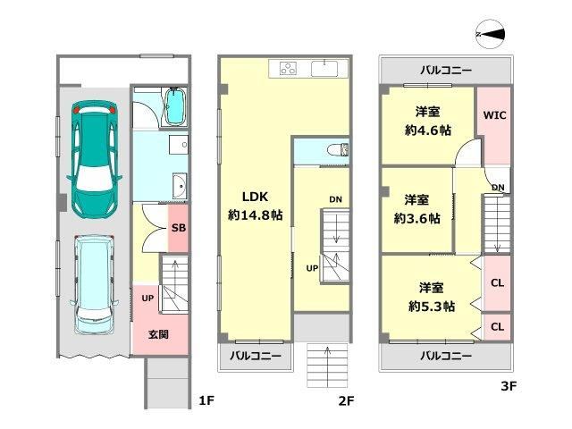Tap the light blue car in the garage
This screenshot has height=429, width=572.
94,285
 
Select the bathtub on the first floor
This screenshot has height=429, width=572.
175,106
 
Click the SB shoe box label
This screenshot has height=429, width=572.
179,228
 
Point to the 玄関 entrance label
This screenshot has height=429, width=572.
158,334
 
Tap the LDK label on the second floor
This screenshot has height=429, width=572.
255,197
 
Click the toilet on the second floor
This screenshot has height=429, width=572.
338,150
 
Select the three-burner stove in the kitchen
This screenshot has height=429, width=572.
288,68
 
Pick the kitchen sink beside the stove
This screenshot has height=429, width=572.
324,68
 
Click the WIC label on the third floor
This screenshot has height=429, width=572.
494,115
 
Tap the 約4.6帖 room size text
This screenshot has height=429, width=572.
428,130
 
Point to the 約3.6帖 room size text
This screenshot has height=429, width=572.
417,218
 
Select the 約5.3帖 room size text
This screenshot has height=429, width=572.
432,307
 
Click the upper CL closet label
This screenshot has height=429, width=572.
498,282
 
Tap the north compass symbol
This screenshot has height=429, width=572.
491,34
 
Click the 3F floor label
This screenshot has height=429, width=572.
509,385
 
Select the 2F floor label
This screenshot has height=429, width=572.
346,400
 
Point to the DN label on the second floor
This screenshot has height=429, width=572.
336,199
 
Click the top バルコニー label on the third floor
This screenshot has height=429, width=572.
446,70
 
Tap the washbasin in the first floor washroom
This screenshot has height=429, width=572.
180,186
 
